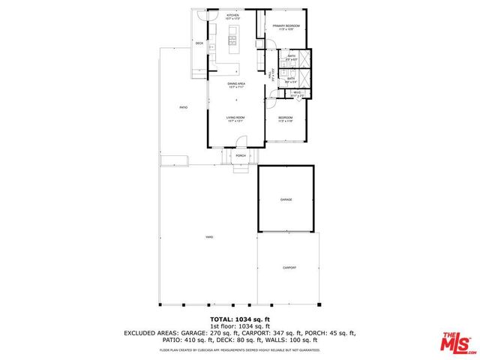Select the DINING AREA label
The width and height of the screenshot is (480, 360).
pyautogui.click(x=236, y=84)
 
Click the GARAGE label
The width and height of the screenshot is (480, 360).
pyautogui.click(x=286, y=199)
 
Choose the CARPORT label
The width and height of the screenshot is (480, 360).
pyautogui.click(x=289, y=267)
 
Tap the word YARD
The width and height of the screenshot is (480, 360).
pyautogui.click(x=209, y=237)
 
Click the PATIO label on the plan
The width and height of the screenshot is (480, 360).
pyautogui.click(x=183, y=108)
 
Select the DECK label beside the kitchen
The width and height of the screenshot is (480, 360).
pyautogui.click(x=199, y=43)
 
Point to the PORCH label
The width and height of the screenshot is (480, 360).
pyautogui.click(x=241, y=156)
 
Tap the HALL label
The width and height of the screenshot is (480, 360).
pyautogui.click(x=270, y=74)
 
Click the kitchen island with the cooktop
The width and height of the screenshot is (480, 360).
pyautogui.click(x=232, y=40)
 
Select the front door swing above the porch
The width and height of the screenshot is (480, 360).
pyautogui.click(x=241, y=142)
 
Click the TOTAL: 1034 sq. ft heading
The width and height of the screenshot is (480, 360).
pyautogui.click(x=239, y=319)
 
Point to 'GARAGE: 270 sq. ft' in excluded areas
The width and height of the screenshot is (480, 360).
pyautogui.click(x=220, y=332)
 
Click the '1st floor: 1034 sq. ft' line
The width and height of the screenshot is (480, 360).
pyautogui.click(x=239, y=326)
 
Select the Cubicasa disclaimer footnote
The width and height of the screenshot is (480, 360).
pyautogui.click(x=239, y=349)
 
